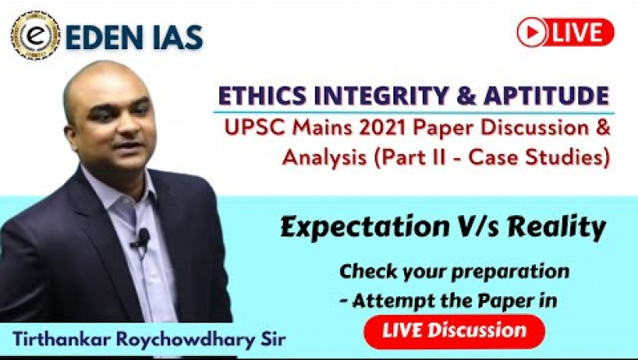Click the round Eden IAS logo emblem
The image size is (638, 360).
[x=35, y=35]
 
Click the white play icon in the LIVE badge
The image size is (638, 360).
[x=532, y=32]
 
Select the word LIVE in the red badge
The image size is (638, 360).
[x=580, y=32]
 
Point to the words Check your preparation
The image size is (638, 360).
[x=454, y=270]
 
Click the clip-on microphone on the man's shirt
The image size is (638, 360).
[x=142, y=238]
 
